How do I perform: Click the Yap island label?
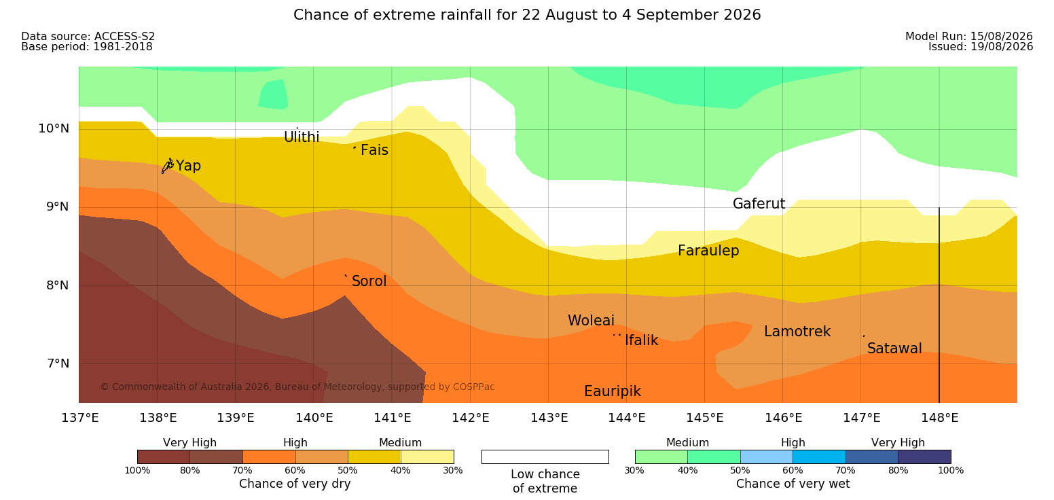pyautogui.click(x=188, y=166)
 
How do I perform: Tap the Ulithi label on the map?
pyautogui.click(x=302, y=137)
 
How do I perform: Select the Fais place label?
pyautogui.click(x=374, y=150)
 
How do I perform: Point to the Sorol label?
pyautogui.click(x=369, y=281)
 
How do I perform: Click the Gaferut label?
pyautogui.click(x=759, y=204)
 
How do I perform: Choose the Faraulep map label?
pyautogui.click(x=708, y=251)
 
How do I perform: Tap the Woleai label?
pyautogui.click(x=591, y=321)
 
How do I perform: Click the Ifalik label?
pyautogui.click(x=641, y=340)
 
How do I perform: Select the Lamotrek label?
pyautogui.click(x=797, y=332)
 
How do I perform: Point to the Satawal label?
pyautogui.click(x=894, y=349)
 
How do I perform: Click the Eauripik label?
pyautogui.click(x=612, y=392)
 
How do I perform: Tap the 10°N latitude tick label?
pyautogui.click(x=54, y=128)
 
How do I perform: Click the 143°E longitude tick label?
pyautogui.click(x=549, y=418)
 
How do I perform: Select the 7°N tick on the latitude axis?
pyautogui.click(x=58, y=363)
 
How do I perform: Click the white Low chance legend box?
pyautogui.click(x=545, y=457)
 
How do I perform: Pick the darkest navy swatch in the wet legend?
pyautogui.click(x=924, y=457)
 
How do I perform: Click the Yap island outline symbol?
pyautogui.click(x=168, y=166)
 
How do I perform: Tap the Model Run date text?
pyautogui.click(x=969, y=36)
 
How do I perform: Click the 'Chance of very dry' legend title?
pyautogui.click(x=295, y=484)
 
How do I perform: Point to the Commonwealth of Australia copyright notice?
pyautogui.click(x=297, y=387)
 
